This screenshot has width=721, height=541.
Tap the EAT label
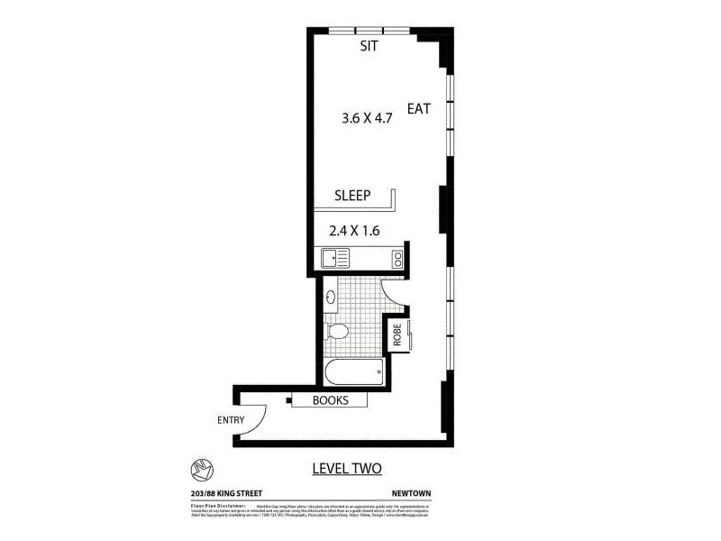pos(419,108)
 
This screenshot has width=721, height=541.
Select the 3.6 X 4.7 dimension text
pos(367,117)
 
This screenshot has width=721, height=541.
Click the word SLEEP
pos(353,195)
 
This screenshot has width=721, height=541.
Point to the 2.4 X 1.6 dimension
pos(354,231)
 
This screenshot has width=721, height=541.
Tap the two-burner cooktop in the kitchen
pos(397,259)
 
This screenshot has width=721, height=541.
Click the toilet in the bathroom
pos(337,331)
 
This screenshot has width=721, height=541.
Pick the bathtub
pos(351,371)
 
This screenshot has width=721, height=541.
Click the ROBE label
pos(397,335)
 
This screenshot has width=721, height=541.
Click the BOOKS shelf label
pos(330,401)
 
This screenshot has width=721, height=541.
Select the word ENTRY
pos(231,420)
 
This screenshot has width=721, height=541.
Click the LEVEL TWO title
pos(347,468)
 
